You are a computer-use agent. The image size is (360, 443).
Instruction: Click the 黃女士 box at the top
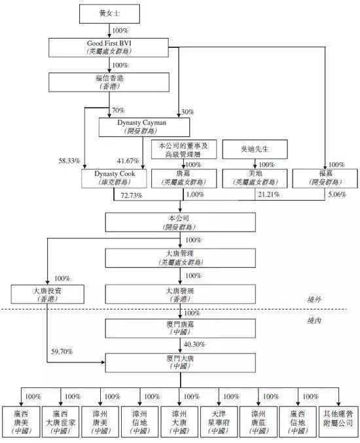tap(109, 14)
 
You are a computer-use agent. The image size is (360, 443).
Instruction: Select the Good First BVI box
tap(109, 48)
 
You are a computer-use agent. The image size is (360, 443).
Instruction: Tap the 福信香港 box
tap(109, 82)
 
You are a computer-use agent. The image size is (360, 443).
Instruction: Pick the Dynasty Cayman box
tap(144, 127)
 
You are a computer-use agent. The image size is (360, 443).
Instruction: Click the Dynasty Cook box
tap(114, 178)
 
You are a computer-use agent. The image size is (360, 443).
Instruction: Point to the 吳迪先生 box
tap(255, 149)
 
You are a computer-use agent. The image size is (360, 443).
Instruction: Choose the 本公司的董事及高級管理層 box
tap(184, 149)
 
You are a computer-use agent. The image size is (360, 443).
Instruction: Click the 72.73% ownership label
tap(132, 196)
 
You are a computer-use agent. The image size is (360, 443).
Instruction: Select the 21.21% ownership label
tap(269, 194)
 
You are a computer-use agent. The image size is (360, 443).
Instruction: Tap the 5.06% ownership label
tap(337, 194)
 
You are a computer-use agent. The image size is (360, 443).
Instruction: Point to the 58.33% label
tap(69, 161)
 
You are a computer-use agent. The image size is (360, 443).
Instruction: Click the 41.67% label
tap(128, 161)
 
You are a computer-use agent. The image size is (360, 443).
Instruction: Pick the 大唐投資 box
tap(48, 294)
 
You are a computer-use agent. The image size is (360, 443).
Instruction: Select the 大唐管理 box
tap(180, 258)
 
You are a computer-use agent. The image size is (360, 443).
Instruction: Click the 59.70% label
tap(62, 351)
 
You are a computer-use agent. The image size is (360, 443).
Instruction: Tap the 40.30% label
tap(194, 344)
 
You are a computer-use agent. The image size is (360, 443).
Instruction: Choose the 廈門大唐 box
tap(180, 363)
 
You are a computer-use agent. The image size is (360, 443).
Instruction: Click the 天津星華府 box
tap(219, 422)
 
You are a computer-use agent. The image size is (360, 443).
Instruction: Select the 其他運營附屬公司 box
tap(338, 422)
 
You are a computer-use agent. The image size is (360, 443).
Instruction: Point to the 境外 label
tap(314, 300)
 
